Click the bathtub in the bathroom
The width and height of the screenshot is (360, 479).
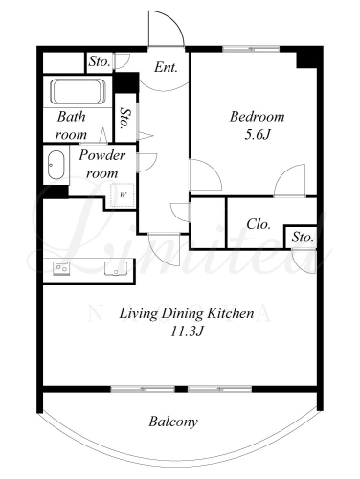point(78,92)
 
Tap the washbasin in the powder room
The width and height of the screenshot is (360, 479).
point(56,165)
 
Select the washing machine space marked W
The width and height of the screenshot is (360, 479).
point(124,195)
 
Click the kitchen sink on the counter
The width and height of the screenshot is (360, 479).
point(116,268)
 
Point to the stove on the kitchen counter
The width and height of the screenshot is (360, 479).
point(61,268)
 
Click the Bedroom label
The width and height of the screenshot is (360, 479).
point(257,117)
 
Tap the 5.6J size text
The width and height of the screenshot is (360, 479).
point(258,135)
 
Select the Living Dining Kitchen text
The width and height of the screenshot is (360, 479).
point(187,313)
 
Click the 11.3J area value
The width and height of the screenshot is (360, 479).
point(187,331)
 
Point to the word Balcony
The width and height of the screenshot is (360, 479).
point(173,422)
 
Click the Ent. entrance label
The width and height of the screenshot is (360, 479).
point(166,67)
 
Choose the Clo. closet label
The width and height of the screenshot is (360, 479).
point(259,224)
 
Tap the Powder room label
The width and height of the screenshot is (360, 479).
point(102,164)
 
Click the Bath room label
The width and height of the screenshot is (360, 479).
point(72,125)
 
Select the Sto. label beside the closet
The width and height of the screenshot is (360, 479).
point(303,238)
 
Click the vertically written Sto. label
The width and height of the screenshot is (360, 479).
point(126,118)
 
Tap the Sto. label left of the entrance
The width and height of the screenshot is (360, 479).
point(100,61)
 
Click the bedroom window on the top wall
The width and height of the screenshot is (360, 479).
point(251,49)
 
